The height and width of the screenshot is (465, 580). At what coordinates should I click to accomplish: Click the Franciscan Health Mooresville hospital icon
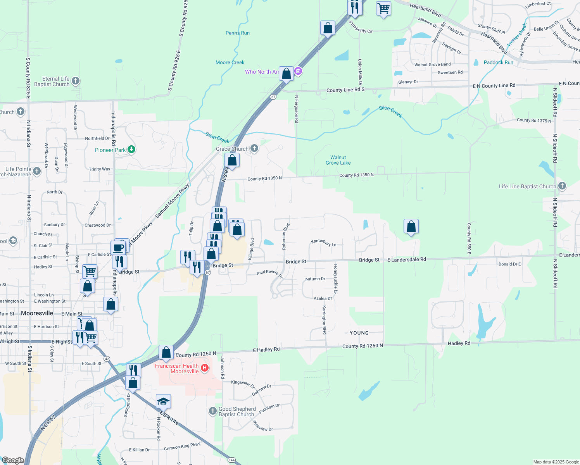tap(205, 368)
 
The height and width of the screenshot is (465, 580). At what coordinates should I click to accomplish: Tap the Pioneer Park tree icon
tap(131, 150)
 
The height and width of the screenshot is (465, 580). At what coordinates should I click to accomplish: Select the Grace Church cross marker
tap(254, 148)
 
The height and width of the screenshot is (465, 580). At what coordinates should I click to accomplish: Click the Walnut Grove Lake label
tap(338, 160)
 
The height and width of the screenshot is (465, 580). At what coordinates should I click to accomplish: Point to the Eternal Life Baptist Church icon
tap(76, 81)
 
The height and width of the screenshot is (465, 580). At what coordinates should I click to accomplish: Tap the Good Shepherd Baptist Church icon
tap(212, 411)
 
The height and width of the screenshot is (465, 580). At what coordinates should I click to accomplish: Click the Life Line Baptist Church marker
tap(562, 186)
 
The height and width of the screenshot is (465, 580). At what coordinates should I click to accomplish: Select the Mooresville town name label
tap(37, 313)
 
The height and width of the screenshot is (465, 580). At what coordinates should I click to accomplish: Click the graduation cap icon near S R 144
tap(163, 402)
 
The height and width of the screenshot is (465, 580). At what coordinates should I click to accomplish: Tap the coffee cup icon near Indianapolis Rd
tap(118, 247)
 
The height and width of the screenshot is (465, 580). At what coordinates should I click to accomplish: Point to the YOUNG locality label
tap(359, 333)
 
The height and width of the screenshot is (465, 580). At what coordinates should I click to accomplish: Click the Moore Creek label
tap(230, 62)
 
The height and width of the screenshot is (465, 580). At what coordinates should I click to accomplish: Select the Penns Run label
tap(238, 33)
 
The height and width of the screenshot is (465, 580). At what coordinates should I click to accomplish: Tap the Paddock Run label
tap(498, 62)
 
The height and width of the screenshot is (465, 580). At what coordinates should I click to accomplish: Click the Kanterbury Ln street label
tap(323, 243)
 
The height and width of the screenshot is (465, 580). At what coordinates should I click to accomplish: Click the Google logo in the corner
tap(13, 460)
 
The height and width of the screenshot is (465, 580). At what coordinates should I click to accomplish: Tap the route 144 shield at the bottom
tap(231, 460)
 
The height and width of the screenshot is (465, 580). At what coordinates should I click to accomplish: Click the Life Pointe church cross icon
tap(37, 171)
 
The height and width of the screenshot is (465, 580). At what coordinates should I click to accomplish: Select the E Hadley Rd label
tap(266, 350)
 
